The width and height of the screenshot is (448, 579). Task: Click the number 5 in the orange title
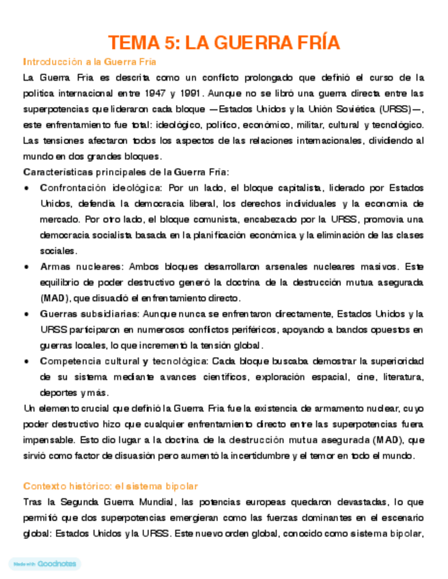[x=169, y=43]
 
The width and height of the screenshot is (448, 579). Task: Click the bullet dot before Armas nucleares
[x=26, y=266]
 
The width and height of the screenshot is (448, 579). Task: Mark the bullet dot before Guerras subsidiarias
[x=26, y=314]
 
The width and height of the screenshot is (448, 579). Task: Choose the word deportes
[x=58, y=393]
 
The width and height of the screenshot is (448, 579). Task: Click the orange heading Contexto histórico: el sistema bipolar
[x=111, y=485]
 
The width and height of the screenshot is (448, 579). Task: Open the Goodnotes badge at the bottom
[x=44, y=564]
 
